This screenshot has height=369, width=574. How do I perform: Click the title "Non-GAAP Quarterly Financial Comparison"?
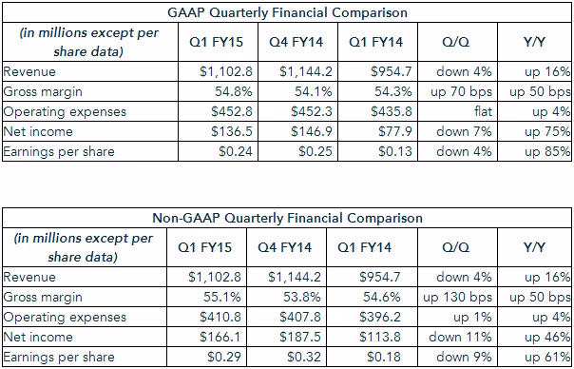(287, 218)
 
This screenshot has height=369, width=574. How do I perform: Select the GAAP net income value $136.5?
(232, 131)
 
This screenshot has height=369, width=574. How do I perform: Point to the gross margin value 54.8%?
(234, 91)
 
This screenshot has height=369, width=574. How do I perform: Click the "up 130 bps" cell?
(458, 297)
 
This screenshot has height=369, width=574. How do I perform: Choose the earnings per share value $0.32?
(304, 357)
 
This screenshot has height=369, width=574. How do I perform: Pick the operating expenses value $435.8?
(392, 111)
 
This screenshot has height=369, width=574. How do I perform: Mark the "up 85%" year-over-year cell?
(547, 151)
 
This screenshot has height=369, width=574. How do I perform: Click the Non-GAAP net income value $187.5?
(300, 337)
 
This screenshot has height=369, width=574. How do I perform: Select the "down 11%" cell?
(460, 337)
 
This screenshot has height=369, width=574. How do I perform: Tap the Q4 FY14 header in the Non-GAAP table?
(285, 247)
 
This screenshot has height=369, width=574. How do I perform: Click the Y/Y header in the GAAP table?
(534, 42)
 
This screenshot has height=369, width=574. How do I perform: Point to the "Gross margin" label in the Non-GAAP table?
(43, 297)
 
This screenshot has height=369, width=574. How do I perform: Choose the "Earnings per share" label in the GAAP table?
(59, 152)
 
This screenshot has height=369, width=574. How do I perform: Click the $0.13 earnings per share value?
(395, 151)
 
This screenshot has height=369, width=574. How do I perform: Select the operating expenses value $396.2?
(380, 317)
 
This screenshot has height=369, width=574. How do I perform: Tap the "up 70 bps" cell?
(461, 91)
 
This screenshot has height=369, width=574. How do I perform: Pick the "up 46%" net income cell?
(547, 337)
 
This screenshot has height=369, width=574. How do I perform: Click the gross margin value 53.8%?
(302, 297)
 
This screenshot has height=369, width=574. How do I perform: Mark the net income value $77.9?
(394, 131)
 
